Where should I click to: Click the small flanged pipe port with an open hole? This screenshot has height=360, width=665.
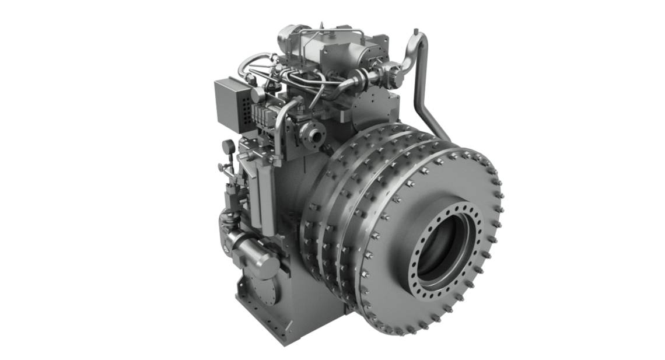click(x=316, y=135)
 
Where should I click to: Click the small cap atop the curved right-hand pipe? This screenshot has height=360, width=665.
click(x=415, y=30)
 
